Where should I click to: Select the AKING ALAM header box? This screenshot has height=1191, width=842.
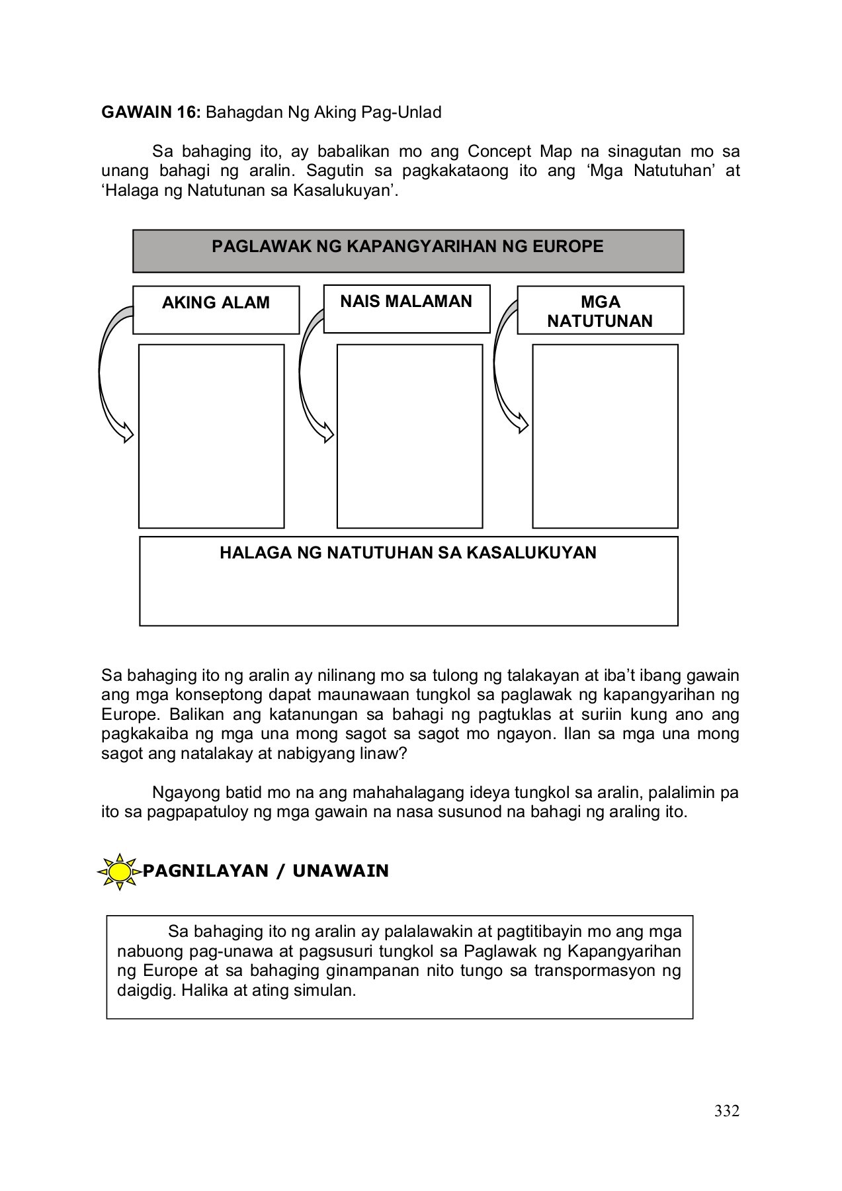pos(216,309)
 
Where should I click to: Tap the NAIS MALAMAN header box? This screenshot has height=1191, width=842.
pos(406,308)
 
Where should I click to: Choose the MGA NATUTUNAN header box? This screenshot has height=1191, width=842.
pos(600,310)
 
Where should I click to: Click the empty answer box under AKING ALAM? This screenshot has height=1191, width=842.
pos(211,435)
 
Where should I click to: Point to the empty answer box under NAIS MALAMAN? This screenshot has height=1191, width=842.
pos(409,435)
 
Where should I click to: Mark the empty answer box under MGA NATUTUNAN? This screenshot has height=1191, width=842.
pos(605,435)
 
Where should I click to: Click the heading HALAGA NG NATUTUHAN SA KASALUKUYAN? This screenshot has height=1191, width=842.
pos(407,552)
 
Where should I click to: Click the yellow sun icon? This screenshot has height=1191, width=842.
pos(120,871)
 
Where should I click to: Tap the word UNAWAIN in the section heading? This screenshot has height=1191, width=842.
pos(341,871)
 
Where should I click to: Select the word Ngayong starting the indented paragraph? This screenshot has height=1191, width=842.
pos(183,792)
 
